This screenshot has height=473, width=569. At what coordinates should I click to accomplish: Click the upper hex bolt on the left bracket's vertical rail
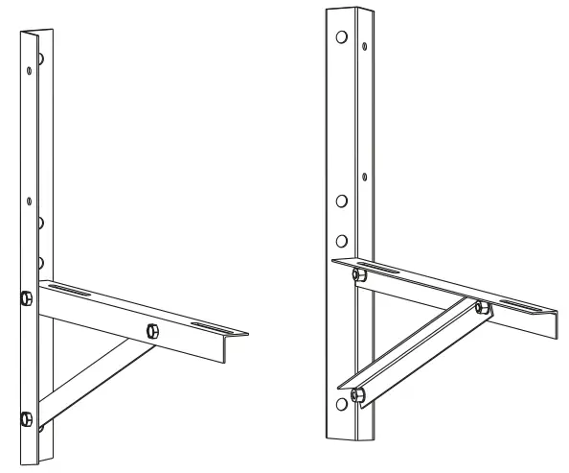tap(26, 296)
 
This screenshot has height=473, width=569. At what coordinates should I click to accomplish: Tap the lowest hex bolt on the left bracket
tap(26, 417)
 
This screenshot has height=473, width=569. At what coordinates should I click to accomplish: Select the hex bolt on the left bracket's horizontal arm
tap(151, 331)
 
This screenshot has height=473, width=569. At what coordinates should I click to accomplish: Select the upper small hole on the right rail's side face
tap(365, 43)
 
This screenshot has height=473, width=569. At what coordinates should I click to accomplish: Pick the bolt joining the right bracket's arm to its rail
tap(357, 276)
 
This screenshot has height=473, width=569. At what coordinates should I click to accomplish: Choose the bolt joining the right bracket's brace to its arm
tap(482, 308)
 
